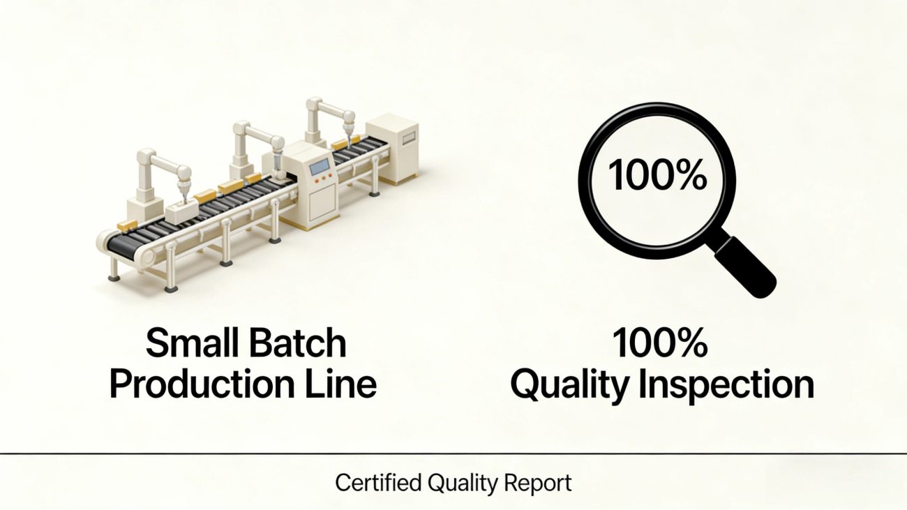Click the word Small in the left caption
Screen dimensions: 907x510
pos(193,343)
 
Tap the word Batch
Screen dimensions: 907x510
pos(298,343)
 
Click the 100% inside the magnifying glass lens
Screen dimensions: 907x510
pos(657,175)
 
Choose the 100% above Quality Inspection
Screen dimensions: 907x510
pos(661,343)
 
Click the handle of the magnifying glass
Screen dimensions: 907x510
pos(744,267)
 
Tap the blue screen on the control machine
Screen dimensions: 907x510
pos(320,166)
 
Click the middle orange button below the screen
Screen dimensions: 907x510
pos(324,177)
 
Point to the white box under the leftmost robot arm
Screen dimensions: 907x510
pos(181,211)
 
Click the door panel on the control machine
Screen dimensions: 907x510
pos(323,204)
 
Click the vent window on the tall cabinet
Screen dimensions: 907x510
pos(410,137)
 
